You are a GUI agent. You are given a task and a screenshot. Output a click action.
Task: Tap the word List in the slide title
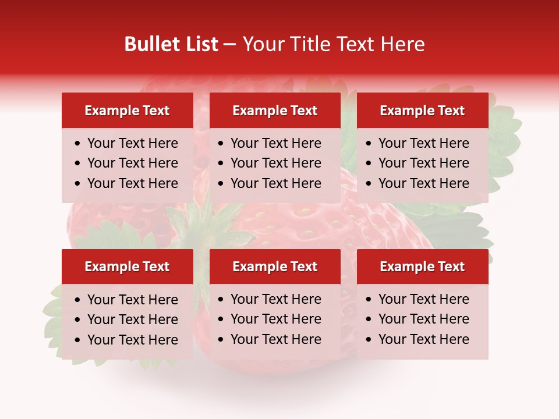coord(200,44)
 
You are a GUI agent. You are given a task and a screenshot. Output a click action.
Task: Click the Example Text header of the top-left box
coord(127,111)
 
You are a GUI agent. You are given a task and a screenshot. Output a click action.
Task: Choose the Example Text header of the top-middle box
coord(275,111)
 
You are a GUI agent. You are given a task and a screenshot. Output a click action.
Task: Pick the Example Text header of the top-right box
coord(422,111)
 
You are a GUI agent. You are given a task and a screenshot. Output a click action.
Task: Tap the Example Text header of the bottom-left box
coord(127,267)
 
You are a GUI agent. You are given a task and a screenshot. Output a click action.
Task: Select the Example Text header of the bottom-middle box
coord(275,267)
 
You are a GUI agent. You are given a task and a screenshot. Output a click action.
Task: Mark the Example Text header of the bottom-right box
coord(422,267)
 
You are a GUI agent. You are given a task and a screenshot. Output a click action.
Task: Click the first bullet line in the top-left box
coord(133,143)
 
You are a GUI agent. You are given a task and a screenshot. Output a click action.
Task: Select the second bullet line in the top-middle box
coord(276,163)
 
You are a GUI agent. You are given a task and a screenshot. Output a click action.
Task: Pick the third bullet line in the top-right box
coord(424,183)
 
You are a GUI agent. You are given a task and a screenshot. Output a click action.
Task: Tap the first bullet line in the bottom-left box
coord(133,300)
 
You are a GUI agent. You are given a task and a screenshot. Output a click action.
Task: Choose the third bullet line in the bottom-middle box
coord(276,339)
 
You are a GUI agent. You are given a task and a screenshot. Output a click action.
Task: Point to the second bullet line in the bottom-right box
coord(424,319)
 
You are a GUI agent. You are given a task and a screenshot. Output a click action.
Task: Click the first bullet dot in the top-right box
coord(369,144)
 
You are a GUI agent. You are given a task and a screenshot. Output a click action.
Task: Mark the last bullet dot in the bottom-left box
coord(78,340)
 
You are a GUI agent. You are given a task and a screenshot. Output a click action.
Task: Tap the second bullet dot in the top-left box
coord(78,164)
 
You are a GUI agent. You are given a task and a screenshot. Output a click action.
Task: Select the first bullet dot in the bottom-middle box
coord(221,300)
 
